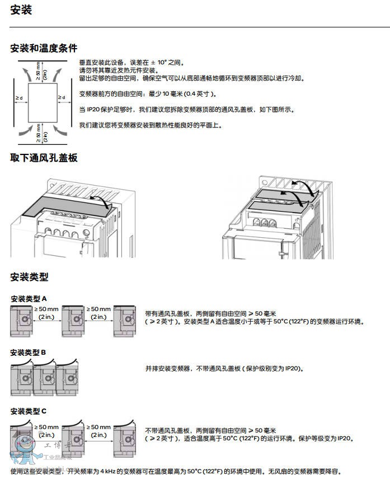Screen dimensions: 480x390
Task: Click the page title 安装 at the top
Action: click(21, 10)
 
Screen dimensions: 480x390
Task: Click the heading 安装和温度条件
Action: click(44, 48)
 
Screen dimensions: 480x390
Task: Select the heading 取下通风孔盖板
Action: click(44, 158)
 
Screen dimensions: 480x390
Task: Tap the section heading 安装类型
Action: click(29, 276)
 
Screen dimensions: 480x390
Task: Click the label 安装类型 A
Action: click(29, 299)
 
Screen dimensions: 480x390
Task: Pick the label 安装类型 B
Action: click(28, 352)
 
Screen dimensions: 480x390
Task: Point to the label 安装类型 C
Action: click(29, 411)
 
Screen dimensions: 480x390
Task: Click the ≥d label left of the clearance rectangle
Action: click(19, 99)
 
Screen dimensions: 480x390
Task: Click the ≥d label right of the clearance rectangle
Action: click(62, 98)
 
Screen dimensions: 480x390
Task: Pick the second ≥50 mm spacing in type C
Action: click(98, 430)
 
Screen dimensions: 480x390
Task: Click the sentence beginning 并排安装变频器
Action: click(224, 369)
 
